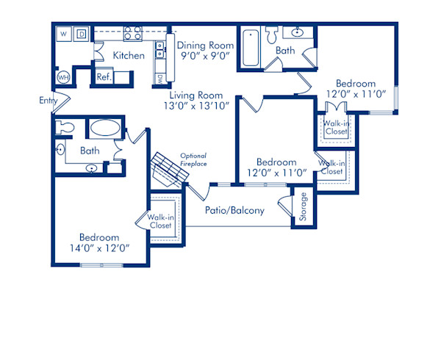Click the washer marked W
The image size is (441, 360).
(63, 34)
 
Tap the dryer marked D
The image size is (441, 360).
(82, 34)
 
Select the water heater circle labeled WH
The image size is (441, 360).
(63, 77)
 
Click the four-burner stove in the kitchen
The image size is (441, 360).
(133, 33)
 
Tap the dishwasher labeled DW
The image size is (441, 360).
(159, 78)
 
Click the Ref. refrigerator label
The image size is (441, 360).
(103, 76)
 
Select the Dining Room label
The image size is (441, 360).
(204, 45)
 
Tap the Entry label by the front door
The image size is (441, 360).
(49, 101)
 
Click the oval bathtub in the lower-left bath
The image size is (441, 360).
(108, 129)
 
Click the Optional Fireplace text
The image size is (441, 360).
(193, 159)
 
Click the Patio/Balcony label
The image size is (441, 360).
(234, 210)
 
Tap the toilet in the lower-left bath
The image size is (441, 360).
(65, 127)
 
